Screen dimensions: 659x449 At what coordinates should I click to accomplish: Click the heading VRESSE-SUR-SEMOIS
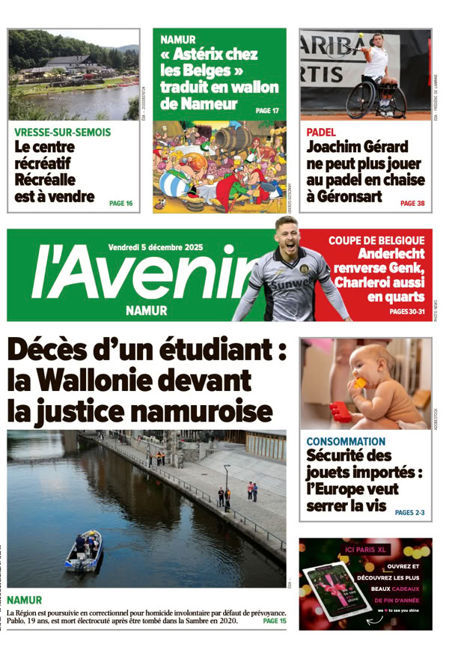point(63,133)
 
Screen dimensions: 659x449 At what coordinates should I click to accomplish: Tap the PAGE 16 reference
point(120,203)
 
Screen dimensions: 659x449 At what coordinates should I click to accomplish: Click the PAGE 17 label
point(267,111)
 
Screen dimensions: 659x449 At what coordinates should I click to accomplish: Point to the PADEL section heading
point(321,132)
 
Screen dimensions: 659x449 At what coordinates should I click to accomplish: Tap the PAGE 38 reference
point(412,203)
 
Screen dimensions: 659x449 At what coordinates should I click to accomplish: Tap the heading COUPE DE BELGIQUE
point(376,240)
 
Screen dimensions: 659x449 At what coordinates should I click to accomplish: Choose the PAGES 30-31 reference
point(407,312)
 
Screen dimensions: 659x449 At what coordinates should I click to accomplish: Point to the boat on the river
point(83,552)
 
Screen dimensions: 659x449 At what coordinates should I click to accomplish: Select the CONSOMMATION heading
point(346,442)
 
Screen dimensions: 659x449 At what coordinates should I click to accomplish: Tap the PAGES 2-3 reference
point(409,512)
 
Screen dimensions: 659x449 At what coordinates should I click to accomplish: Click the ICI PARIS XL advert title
point(364,550)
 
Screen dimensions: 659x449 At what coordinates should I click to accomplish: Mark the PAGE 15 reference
point(275,621)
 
